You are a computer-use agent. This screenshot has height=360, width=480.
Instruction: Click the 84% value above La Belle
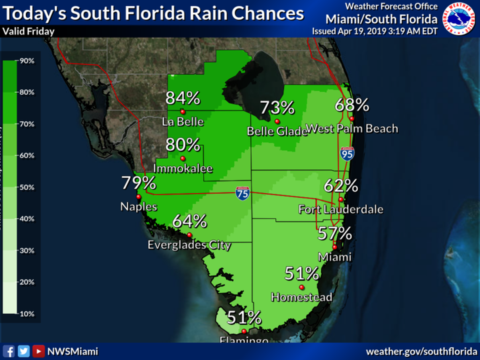tap(182, 98)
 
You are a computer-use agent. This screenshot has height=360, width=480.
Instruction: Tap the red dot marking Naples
tap(138, 197)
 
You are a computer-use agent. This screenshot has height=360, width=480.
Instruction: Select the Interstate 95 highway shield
tap(348, 153)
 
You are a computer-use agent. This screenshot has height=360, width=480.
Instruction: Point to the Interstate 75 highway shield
tap(243, 193)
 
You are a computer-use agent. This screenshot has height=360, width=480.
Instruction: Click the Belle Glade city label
tap(277, 131)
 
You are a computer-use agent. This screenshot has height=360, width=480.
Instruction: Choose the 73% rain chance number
tap(277, 108)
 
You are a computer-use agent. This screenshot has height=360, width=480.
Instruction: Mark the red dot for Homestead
tap(301, 287)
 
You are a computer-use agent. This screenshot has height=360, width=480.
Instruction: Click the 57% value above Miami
tap(335, 233)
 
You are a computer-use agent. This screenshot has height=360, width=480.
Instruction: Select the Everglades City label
tap(189, 245)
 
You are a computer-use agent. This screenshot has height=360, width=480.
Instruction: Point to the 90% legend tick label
tap(27, 61)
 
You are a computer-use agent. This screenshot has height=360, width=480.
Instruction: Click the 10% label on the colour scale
tap(27, 314)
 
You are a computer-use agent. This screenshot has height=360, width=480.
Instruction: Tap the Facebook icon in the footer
tap(9, 351)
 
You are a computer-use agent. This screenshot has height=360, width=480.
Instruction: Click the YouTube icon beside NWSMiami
tap(38, 351)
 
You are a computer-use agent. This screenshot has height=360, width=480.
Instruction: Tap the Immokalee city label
tap(183, 169)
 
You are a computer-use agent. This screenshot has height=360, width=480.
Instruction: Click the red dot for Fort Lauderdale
tap(341, 200)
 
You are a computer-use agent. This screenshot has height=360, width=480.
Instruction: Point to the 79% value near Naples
tap(139, 183)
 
